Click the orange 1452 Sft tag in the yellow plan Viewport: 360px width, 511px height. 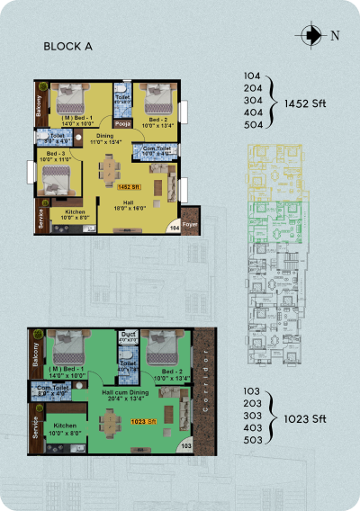click(x=129, y=186)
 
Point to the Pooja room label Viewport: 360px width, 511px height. click(x=123, y=126)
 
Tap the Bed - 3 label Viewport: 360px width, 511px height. click(x=56, y=156)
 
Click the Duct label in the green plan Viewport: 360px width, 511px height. click(x=127, y=336)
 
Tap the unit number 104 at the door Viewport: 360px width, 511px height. click(x=174, y=230)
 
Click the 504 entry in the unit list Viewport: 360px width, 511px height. click(x=253, y=126)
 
